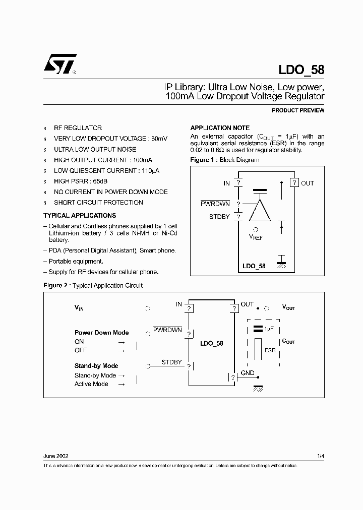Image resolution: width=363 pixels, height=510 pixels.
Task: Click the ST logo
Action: click(59, 65)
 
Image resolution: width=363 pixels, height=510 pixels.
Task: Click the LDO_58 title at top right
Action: click(301, 70)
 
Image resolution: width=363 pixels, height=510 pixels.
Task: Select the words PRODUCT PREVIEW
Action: click(298, 110)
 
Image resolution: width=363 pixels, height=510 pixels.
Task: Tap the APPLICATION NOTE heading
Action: click(220, 128)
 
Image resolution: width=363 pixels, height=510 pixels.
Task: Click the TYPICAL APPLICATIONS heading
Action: click(80, 215)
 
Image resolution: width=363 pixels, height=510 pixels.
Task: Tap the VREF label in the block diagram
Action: click(256, 237)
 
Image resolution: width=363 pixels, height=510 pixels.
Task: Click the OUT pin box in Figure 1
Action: click(294, 183)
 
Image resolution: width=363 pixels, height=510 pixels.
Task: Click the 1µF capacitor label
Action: click(269, 329)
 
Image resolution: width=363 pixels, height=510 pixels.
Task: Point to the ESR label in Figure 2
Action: click(270, 350)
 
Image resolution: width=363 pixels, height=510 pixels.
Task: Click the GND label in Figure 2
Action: click(247, 373)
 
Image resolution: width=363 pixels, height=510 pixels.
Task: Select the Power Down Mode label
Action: click(101, 333)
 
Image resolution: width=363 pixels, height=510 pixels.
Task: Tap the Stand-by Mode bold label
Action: click(96, 366)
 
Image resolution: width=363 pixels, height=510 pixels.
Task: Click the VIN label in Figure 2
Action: click(79, 307)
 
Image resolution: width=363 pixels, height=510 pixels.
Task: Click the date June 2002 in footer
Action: click(56, 456)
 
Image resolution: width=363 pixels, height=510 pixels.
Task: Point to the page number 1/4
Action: click(321, 456)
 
